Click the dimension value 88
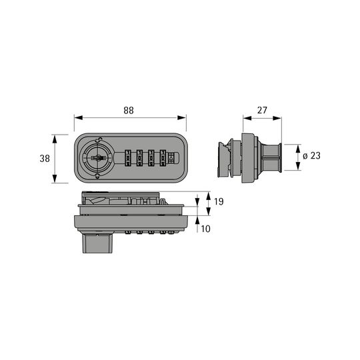pyautogui.click(x=129, y=111)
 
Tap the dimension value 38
pyautogui.click(x=45, y=159)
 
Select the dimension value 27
pyautogui.click(x=262, y=111)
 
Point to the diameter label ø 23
pyautogui.click(x=311, y=155)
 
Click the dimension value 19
pyautogui.click(x=219, y=201)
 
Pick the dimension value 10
pyautogui.click(x=205, y=229)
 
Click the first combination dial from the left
pyautogui.click(x=127, y=158)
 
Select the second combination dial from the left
pyautogui.click(x=139, y=158)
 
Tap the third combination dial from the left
pyautogui.click(x=151, y=158)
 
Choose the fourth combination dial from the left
pyautogui.click(x=163, y=158)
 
